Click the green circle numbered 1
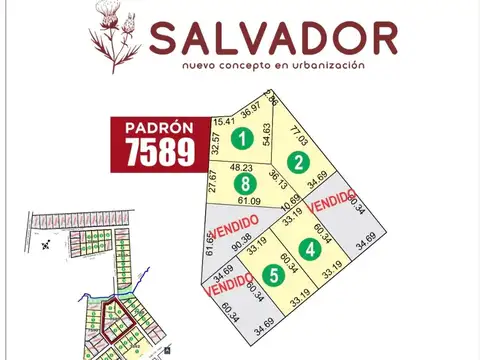(x=240, y=137)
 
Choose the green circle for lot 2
(x=297, y=161)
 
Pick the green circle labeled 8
(x=244, y=184)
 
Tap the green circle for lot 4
(x=312, y=249)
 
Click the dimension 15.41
(x=225, y=121)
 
